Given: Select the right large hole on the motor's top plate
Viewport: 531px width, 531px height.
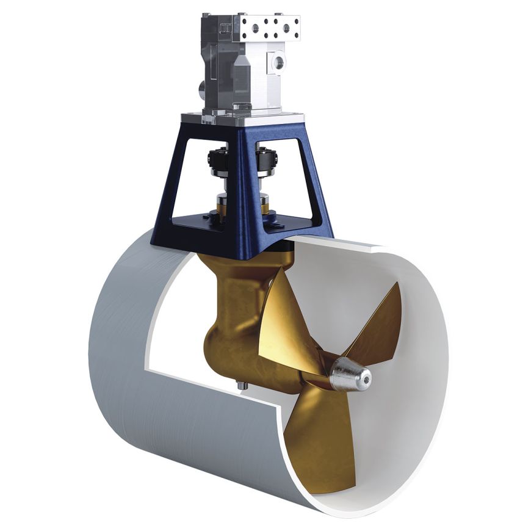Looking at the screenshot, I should tap(286, 28).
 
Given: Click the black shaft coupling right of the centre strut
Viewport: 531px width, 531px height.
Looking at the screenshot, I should tap(266, 161).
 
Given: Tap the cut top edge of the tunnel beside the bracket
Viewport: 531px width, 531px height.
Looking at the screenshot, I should tap(366, 247).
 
